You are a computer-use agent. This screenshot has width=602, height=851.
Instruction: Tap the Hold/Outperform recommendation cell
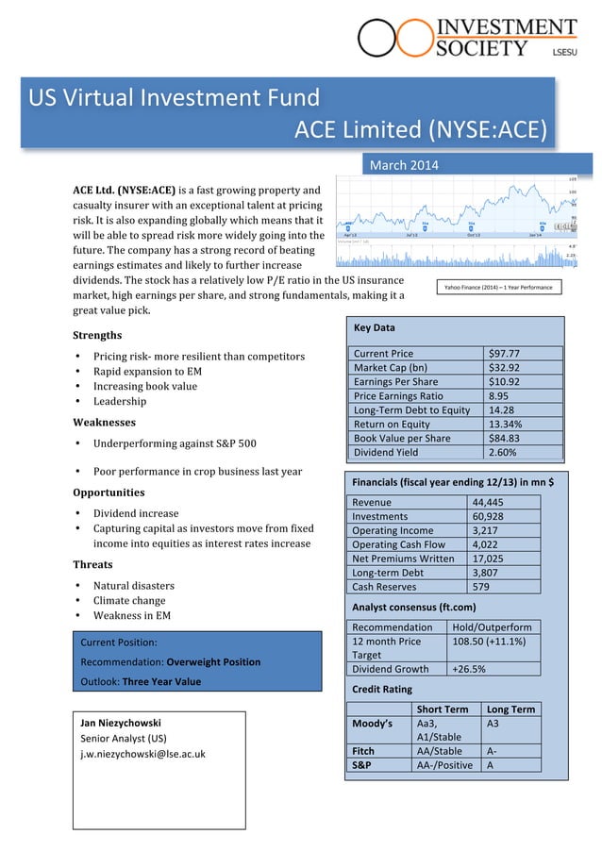point(492,626)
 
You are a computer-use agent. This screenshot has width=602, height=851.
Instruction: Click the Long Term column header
point(510,709)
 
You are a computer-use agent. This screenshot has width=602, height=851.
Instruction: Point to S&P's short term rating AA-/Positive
point(444,765)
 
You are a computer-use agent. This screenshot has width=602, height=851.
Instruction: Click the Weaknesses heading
point(104,423)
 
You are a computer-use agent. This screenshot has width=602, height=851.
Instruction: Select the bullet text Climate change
point(128,601)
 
